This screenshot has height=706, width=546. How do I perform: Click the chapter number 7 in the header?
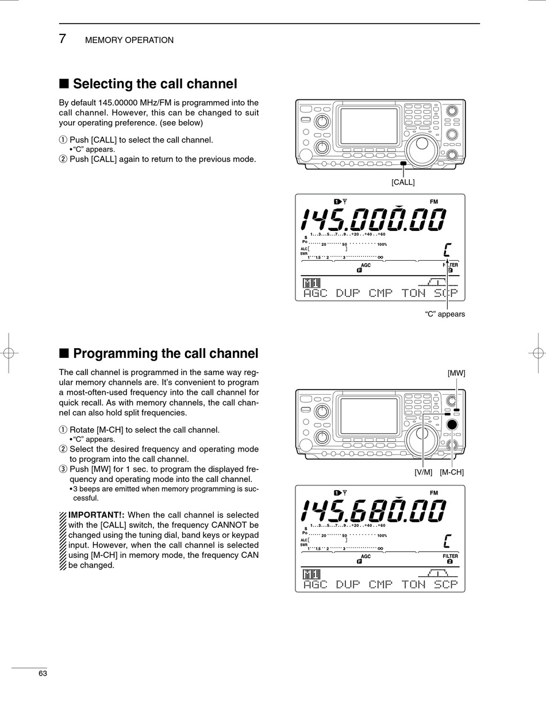point(63,39)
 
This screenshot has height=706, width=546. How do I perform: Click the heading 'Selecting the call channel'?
point(155,84)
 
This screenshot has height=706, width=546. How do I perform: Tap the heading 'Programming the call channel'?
point(166,353)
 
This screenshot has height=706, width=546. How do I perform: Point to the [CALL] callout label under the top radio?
point(403,182)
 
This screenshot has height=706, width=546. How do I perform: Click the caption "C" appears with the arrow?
point(445,314)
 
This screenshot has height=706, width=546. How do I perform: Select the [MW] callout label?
point(456,373)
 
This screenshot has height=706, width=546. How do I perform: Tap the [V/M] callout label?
point(423,472)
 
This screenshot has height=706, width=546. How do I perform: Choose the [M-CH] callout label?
point(452,472)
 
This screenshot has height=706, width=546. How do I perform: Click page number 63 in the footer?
point(43,673)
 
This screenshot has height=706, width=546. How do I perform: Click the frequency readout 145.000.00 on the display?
point(374,219)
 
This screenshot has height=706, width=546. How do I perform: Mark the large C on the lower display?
point(447,541)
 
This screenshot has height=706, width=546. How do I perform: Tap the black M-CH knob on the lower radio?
point(452,425)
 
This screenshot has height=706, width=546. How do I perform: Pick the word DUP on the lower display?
point(348,584)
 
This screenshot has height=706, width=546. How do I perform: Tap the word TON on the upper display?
point(413,293)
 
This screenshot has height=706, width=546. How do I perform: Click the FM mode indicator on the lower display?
point(433,493)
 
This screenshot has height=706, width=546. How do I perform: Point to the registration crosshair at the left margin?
point(9,353)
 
